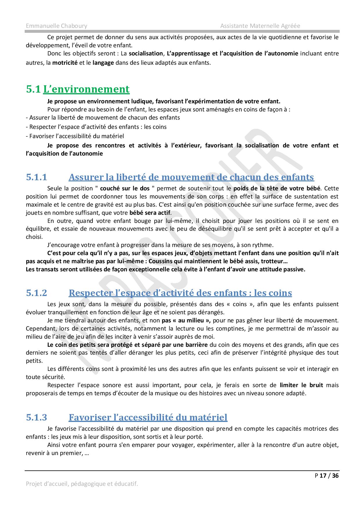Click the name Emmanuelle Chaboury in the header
pyautogui.click(x=56, y=26)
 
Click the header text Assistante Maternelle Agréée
pyautogui.click(x=260, y=26)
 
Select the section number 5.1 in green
pyautogui.click(x=33, y=89)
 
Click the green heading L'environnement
pyautogui.click(x=86, y=89)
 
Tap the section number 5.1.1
pyautogui.click(x=36, y=177)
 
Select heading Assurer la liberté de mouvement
pyautogui.click(x=191, y=177)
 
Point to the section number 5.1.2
pyautogui.click(x=36, y=293)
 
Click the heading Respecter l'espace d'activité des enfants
pyautogui.click(x=180, y=293)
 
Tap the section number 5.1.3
pyautogui.click(x=36, y=417)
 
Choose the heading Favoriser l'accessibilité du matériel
pyautogui.click(x=148, y=417)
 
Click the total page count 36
pyautogui.click(x=335, y=475)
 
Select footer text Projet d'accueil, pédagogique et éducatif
pyautogui.click(x=82, y=484)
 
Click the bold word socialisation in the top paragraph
pyautogui.click(x=146, y=53)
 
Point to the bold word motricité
pyautogui.click(x=65, y=63)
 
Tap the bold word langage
pyautogui.click(x=103, y=63)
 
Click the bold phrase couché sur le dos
pyautogui.click(x=125, y=188)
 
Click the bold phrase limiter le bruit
pyautogui.click(x=301, y=385)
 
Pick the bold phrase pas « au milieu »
pyautogui.click(x=186, y=320)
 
